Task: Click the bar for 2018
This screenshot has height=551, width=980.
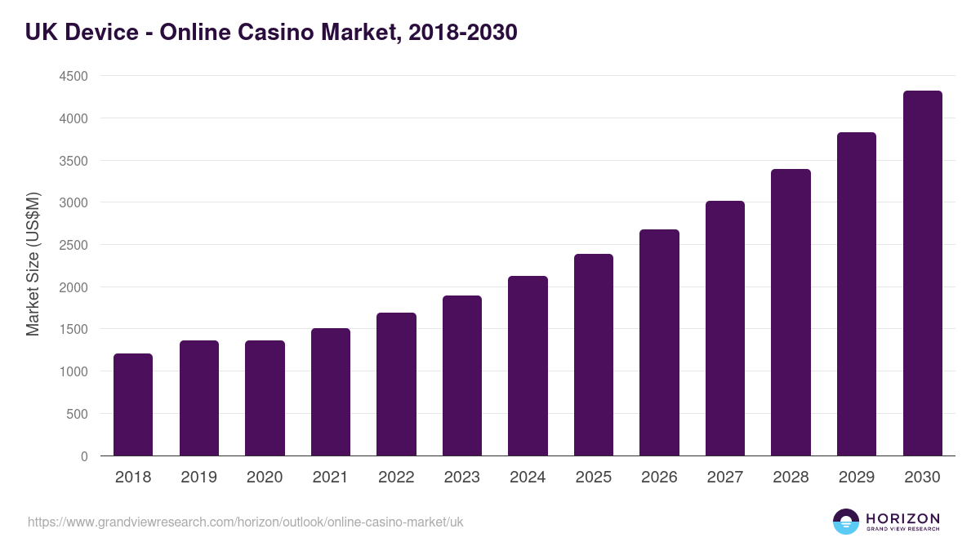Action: click(133, 405)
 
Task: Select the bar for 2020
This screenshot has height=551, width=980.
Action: click(265, 398)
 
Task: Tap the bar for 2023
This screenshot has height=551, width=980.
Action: click(462, 376)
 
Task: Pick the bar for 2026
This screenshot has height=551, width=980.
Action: click(659, 343)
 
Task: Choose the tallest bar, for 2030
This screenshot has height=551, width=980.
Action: click(922, 273)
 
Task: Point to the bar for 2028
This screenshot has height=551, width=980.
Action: click(791, 313)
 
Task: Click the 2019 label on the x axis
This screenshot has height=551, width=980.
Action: click(199, 478)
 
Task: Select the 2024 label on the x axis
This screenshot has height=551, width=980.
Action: click(528, 478)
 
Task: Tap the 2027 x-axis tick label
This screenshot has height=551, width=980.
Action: click(725, 478)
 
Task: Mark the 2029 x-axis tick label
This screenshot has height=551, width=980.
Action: click(857, 478)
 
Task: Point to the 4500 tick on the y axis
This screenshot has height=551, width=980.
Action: click(73, 77)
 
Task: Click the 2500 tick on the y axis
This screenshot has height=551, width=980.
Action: click(73, 245)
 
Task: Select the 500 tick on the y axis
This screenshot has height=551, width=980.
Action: click(78, 414)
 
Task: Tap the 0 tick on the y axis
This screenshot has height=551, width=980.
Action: click(84, 456)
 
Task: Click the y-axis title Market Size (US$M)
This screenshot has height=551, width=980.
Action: click(33, 264)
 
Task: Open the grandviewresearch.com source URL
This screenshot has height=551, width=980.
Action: click(245, 522)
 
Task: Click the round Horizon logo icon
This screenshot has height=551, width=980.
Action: click(845, 522)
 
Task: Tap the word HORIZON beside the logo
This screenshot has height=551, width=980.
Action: click(902, 518)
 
